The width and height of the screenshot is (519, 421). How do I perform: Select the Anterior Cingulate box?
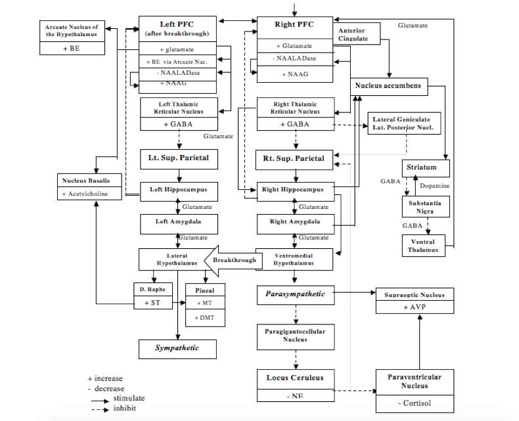pyautogui.click(x=352, y=35)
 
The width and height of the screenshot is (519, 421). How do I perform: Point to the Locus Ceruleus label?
pyautogui.click(x=295, y=378)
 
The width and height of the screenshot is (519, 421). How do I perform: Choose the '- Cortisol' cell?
pyautogui.click(x=415, y=403)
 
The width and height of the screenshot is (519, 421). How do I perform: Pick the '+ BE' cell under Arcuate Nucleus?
pyautogui.click(x=73, y=48)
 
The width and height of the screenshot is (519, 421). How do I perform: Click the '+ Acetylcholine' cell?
pyautogui.click(x=89, y=194)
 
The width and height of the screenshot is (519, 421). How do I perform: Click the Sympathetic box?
pyautogui.click(x=177, y=348)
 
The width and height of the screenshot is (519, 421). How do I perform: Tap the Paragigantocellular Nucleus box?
pyautogui.click(x=295, y=336)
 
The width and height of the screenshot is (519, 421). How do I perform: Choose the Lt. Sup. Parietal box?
pyautogui.click(x=178, y=159)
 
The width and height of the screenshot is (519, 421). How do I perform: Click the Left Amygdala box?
pyautogui.click(x=178, y=222)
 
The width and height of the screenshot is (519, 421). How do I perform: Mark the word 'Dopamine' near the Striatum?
pyautogui.click(x=435, y=186)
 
